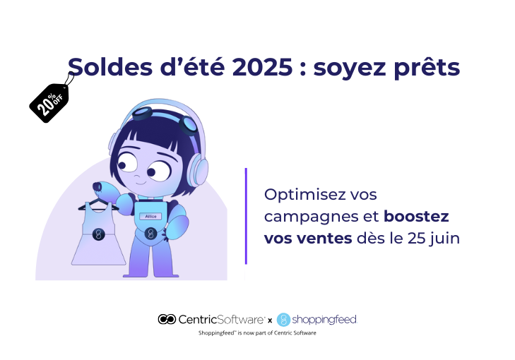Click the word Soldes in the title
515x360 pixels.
110,66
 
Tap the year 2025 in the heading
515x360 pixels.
262,67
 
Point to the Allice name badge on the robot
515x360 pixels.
150,216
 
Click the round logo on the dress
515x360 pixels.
98,234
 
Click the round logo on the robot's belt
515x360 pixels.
150,234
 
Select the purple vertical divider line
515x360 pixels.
246,216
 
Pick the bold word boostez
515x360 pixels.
416,217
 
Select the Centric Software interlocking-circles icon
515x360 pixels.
167,319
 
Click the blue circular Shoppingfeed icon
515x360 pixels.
283,320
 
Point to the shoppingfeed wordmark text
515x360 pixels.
324,319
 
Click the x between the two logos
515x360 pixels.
270,320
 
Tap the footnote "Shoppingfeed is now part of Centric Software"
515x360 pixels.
257,332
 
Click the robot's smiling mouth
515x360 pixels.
141,182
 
